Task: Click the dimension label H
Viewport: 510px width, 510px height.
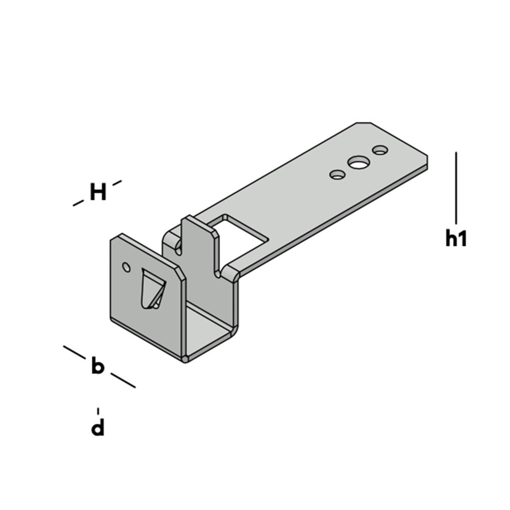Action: click(x=98, y=193)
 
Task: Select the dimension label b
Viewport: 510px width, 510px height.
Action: click(x=97, y=367)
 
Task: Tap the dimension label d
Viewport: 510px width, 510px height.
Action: click(x=97, y=428)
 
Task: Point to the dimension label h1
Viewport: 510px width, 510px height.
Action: click(x=456, y=239)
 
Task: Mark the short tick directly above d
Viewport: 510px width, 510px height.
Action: click(x=98, y=411)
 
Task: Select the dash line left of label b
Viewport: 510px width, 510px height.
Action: click(x=74, y=351)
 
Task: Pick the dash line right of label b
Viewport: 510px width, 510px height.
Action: click(x=123, y=380)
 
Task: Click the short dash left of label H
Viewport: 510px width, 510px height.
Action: click(x=78, y=203)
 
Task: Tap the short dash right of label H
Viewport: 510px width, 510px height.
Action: click(x=117, y=183)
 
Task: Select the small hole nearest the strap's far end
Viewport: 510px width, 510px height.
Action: click(x=380, y=150)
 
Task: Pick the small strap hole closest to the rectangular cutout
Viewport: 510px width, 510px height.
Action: click(x=337, y=175)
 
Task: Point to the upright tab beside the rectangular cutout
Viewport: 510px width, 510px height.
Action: click(x=201, y=245)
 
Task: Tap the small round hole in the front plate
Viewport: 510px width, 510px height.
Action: click(x=126, y=266)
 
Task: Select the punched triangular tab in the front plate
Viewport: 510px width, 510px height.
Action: click(x=152, y=290)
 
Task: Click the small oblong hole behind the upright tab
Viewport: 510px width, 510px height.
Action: click(x=178, y=247)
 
